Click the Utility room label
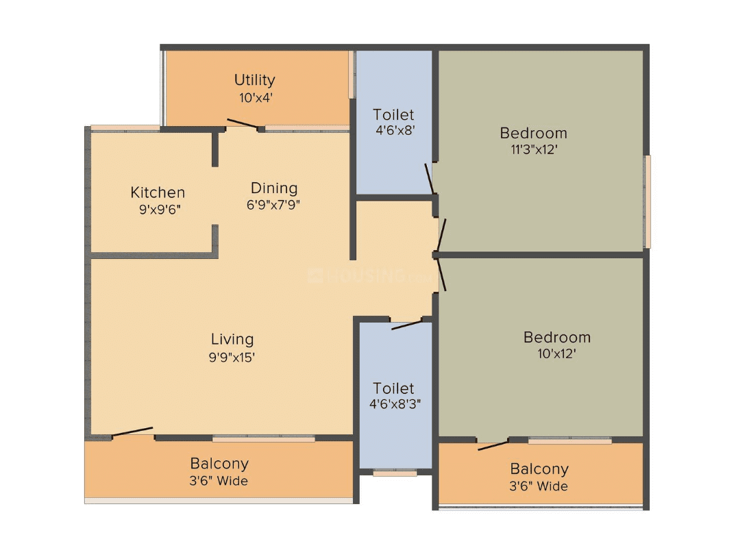[x=254, y=80]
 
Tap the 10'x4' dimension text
[x=256, y=98]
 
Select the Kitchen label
[x=158, y=192]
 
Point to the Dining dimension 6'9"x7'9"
[x=274, y=204]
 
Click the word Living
[x=232, y=339]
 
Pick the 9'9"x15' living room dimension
[x=232, y=357]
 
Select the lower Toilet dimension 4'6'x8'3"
[x=395, y=404]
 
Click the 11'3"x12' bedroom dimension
[x=533, y=149]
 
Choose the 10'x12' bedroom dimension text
[x=556, y=353]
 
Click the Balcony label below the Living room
[x=219, y=464]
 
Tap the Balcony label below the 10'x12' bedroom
[x=539, y=469]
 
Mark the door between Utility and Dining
[x=243, y=124]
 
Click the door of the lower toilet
[x=407, y=324]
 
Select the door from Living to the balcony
[x=133, y=432]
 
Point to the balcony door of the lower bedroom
[x=493, y=445]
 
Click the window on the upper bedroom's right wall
[x=646, y=201]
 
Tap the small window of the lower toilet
[x=395, y=472]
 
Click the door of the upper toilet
[x=430, y=179]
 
